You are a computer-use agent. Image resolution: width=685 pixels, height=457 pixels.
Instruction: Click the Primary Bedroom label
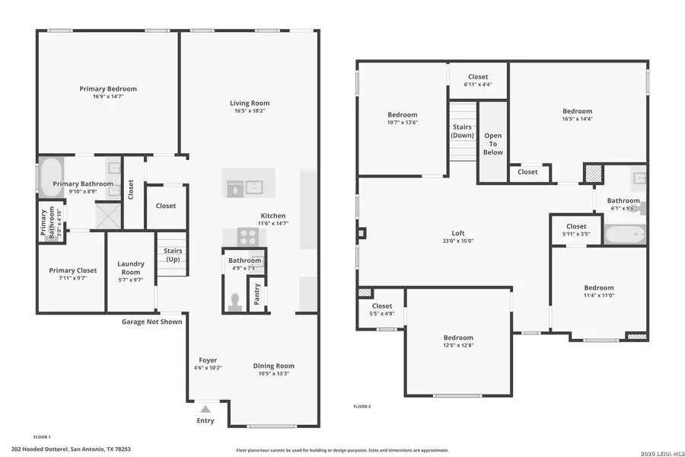pos(108,89)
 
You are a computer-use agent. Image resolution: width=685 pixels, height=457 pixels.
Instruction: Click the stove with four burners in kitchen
pos(249,236)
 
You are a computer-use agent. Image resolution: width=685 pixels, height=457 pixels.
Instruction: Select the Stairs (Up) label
pos(173,255)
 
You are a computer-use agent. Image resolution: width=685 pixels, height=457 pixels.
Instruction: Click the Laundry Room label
pos(130,268)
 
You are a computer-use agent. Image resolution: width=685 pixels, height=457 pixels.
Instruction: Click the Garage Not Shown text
pos(151,321)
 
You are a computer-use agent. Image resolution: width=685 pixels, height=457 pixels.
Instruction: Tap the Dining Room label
pos(273,366)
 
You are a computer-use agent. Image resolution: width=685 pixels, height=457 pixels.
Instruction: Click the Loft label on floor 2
pos(457,233)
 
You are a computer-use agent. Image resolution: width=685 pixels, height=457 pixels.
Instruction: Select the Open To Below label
pos(492,143)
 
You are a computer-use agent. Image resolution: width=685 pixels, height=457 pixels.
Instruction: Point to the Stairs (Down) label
pos(462,131)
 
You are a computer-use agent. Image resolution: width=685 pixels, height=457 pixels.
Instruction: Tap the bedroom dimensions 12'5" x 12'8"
pos(458,346)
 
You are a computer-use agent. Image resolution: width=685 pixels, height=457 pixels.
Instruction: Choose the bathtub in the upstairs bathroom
pos(625,233)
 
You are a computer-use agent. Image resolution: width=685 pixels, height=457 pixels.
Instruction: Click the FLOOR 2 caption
pos(362,407)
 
